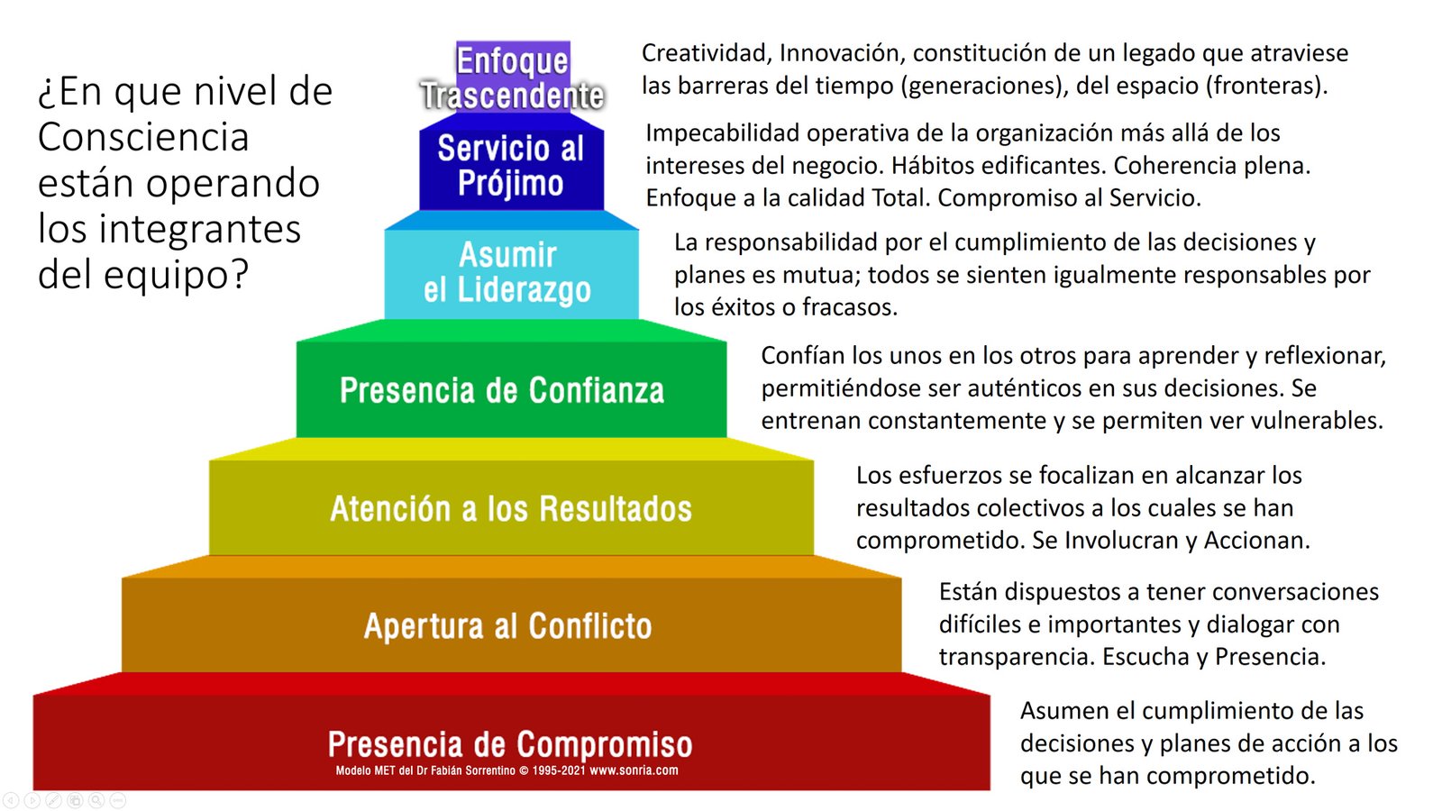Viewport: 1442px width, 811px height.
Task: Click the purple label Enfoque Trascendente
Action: pos(513,78)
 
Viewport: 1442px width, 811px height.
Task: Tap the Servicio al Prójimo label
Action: pos(511,166)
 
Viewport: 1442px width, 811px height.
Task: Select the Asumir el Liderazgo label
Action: pos(507,272)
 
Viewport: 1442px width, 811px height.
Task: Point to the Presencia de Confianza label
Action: pos(502,390)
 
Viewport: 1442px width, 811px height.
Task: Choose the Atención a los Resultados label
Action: pos(511,508)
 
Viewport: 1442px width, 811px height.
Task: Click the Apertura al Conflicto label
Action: pos(508,625)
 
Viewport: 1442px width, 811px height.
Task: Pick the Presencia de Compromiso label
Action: pos(510,743)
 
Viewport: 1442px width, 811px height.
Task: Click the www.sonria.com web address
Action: pos(634,770)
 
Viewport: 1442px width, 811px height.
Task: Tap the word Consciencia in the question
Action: pos(143,137)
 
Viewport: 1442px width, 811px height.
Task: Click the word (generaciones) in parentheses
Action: pos(981,86)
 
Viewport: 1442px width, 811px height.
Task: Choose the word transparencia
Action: pos(1017,657)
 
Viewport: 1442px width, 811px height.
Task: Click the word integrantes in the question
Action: pos(199,230)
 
